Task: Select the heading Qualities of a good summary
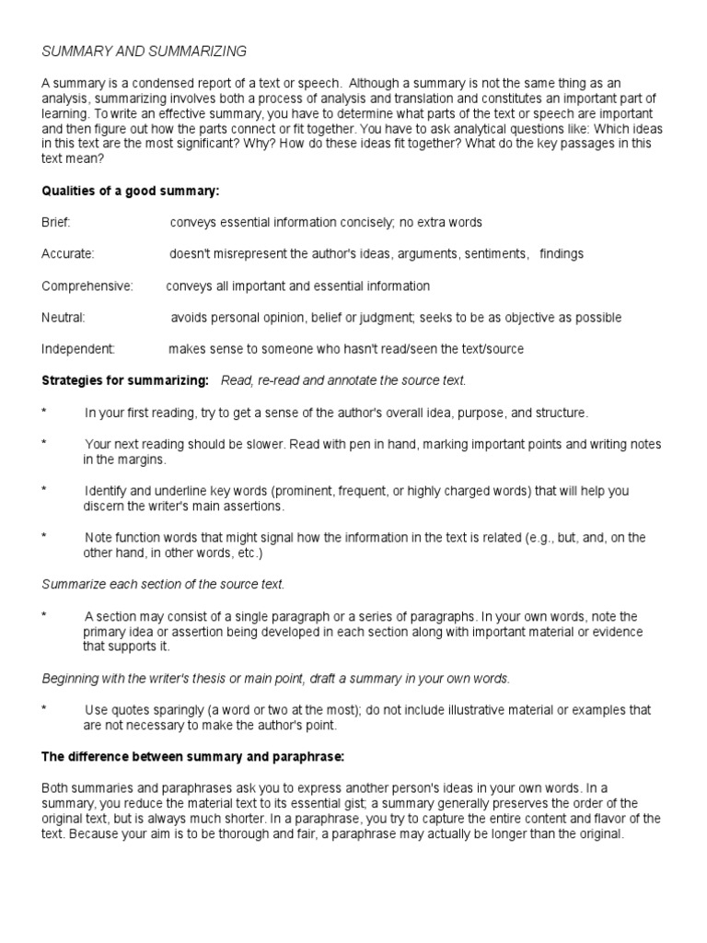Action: (x=131, y=192)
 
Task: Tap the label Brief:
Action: (x=56, y=223)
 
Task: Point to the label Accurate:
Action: (x=68, y=254)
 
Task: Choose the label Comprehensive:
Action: (x=87, y=285)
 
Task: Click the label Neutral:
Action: (x=64, y=318)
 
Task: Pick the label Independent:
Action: (x=78, y=349)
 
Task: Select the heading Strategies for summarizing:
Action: (x=125, y=380)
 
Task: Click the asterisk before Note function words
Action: (x=44, y=537)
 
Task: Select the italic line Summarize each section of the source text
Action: (x=164, y=584)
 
